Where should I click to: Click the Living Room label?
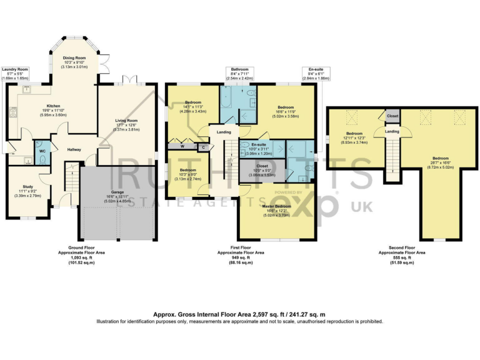(126, 121)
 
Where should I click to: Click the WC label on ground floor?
(42, 151)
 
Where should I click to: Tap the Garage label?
(117, 193)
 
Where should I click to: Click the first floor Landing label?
(224, 132)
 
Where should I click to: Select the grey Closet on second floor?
(392, 116)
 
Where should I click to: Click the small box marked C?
(202, 147)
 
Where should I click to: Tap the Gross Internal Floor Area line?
(239, 314)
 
